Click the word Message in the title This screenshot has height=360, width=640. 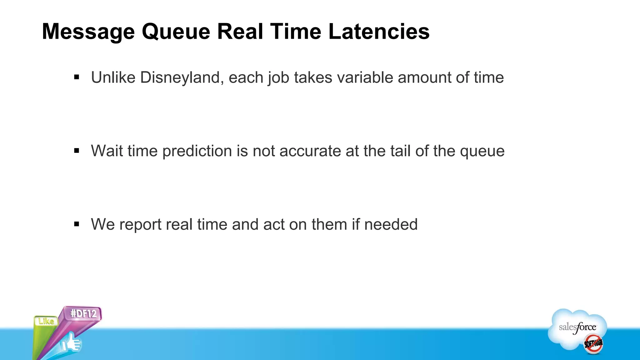[88, 32]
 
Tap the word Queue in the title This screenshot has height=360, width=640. [176, 32]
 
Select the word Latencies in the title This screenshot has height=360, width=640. [379, 32]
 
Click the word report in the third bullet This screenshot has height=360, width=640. [140, 225]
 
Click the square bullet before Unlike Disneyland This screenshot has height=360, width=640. [77, 77]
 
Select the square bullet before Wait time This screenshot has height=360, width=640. [77, 151]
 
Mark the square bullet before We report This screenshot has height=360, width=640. [77, 224]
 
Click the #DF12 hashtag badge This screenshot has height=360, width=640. [83, 313]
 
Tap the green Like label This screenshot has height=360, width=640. [46, 321]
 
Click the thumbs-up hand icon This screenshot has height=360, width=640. [71, 343]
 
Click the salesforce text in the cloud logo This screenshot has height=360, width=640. [577, 327]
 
